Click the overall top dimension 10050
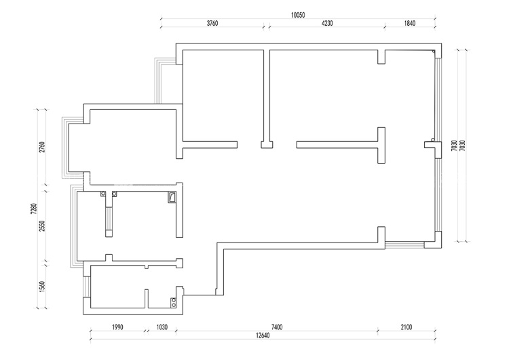pyautogui.click(x=298, y=15)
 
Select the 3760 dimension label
pyautogui.click(x=212, y=23)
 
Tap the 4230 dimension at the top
pyautogui.click(x=327, y=23)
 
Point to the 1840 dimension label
pyautogui.click(x=410, y=23)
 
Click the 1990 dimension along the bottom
pyautogui.click(x=117, y=327)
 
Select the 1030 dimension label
pyautogui.click(x=162, y=327)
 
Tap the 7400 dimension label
pyautogui.click(x=277, y=327)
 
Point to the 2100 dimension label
pyautogui.click(x=406, y=327)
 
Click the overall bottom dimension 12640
pyautogui.click(x=262, y=336)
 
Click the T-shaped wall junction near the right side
pyautogui.click(x=381, y=145)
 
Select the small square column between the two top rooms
pyautogui.click(x=267, y=145)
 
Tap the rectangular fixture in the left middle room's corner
pyautogui.click(x=172, y=197)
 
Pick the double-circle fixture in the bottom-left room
pyautogui.click(x=174, y=302)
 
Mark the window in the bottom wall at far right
pyautogui.click(x=404, y=245)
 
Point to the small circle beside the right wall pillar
pyautogui.click(x=433, y=140)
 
